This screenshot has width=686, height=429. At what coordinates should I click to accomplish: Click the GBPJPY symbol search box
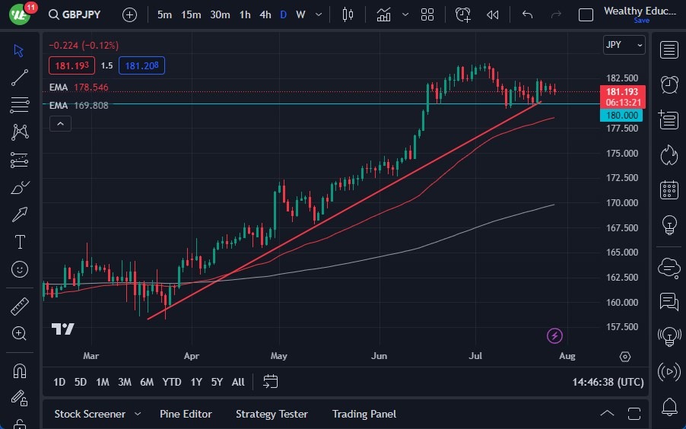click(75, 14)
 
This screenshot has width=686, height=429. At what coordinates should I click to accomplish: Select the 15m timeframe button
click(191, 14)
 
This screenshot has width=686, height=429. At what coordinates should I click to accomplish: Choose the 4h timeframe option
click(265, 14)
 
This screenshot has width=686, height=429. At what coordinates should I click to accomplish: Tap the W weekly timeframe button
click(300, 14)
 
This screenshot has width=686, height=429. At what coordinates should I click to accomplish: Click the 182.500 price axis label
click(621, 78)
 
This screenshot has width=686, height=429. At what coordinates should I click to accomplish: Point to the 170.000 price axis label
click(621, 203)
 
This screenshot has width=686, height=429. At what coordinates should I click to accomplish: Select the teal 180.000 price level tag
click(621, 116)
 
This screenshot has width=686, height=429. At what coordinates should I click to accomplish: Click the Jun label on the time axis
click(379, 356)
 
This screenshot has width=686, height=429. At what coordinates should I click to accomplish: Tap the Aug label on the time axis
click(567, 356)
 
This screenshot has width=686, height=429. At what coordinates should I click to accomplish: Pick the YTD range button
click(172, 382)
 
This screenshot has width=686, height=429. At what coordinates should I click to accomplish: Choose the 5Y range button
click(217, 382)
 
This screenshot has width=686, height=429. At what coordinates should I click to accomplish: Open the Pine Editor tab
click(186, 414)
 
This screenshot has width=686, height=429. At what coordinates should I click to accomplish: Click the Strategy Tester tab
click(272, 414)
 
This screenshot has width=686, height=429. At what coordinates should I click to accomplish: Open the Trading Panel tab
click(364, 414)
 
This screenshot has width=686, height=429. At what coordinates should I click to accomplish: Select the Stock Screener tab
click(90, 414)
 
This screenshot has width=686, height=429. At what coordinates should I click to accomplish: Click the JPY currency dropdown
click(624, 45)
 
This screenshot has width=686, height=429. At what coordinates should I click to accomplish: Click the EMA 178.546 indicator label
click(78, 87)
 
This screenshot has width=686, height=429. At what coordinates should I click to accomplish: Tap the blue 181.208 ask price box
click(141, 65)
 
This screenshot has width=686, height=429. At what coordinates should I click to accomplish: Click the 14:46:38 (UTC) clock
click(608, 382)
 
